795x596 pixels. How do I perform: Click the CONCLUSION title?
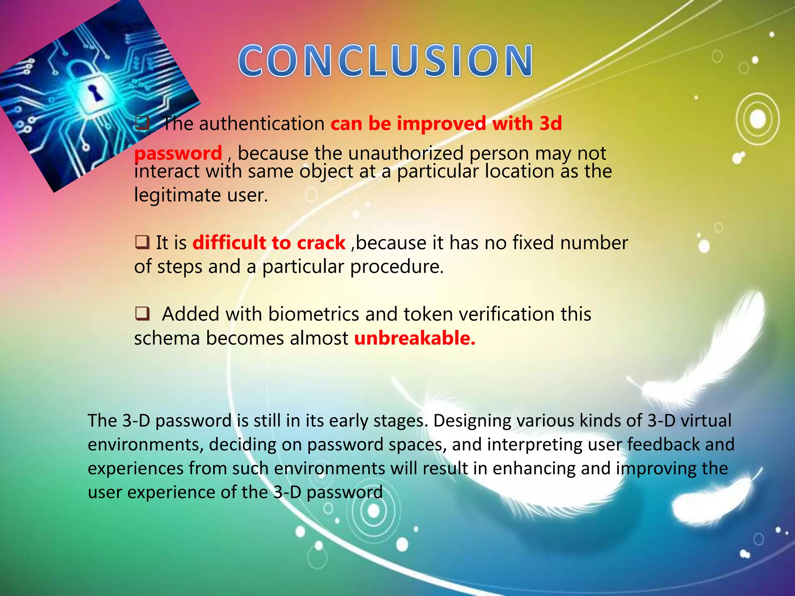coord(385,61)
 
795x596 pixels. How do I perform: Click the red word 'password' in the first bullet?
coord(178,153)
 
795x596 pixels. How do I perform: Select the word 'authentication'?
coord(262,124)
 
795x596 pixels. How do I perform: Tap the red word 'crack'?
coord(321,243)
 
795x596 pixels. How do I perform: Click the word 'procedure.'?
coord(397,267)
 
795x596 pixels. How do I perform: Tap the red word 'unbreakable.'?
coord(415,338)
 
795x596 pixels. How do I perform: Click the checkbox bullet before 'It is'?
coord(142,243)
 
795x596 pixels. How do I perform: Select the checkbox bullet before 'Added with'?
coord(142,314)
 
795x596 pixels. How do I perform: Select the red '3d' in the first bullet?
coord(550,124)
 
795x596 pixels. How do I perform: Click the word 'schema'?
coord(167,338)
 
